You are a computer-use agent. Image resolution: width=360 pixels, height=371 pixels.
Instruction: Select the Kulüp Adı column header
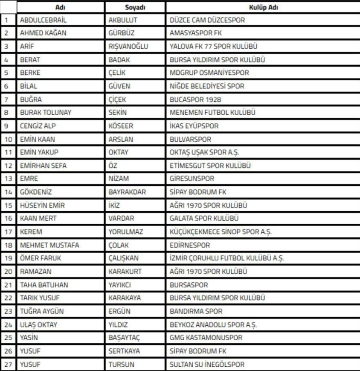coord(263,7)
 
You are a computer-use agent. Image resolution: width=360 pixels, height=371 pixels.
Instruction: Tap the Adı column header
coord(60,7)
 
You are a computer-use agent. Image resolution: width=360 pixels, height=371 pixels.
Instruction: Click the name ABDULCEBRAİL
coord(43,20)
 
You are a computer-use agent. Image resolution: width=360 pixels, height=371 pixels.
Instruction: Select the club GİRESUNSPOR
coord(192,178)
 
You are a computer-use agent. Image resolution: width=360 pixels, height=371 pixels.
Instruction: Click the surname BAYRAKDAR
coord(127,192)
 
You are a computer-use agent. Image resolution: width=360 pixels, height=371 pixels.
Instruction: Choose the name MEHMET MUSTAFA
coord(49,245)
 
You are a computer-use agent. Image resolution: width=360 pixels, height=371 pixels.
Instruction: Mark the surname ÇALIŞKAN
coord(123,258)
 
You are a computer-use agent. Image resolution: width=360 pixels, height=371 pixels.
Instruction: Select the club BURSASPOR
coord(189,285)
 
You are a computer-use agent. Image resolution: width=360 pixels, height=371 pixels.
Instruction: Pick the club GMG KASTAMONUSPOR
coord(205,338)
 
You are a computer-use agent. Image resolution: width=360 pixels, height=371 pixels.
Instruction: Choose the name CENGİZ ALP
coord(38,126)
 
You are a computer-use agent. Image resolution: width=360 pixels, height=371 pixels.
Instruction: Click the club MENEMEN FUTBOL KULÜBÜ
coord(212,113)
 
